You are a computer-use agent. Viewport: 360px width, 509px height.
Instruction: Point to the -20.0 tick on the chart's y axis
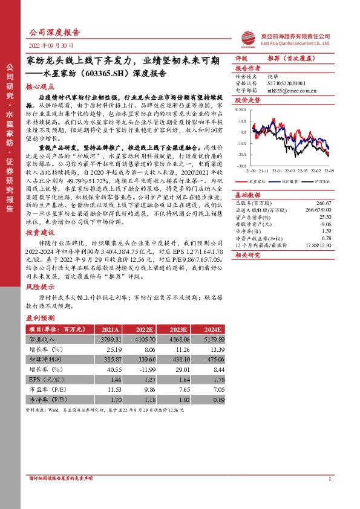click(242, 154)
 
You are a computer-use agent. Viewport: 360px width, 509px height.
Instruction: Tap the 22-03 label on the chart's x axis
click(290, 170)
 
